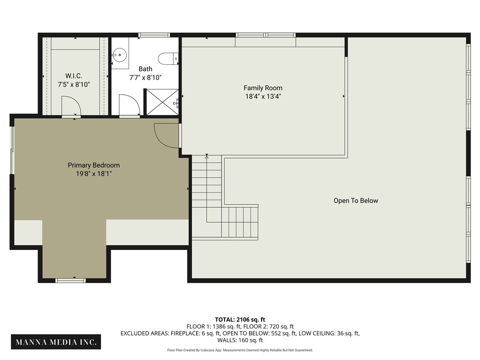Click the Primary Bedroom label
click(x=94, y=165)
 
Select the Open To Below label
click(x=356, y=201)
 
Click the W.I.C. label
click(x=74, y=75)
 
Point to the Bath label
click(x=145, y=69)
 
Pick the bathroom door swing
click(x=129, y=105)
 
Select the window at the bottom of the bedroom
click(x=71, y=280)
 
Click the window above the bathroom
click(x=154, y=35)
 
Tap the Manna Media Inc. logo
click(x=57, y=342)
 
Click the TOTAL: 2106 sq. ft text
click(x=240, y=319)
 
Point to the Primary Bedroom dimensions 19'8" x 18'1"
click(x=94, y=173)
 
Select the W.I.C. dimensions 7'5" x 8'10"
click(x=74, y=84)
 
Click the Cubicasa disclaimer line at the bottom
click(x=240, y=350)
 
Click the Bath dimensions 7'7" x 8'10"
click(x=145, y=78)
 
